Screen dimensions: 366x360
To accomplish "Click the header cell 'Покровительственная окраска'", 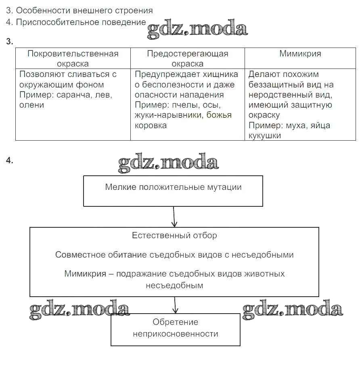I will coord(73,58).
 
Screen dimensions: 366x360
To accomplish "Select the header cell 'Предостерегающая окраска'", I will coord(187,58).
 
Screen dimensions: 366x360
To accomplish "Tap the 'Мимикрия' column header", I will coord(300,54).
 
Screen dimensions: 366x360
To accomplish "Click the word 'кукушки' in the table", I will coord(264,135).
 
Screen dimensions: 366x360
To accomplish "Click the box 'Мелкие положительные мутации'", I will coord(173,191).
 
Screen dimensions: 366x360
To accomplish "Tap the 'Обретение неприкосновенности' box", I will coord(176,328).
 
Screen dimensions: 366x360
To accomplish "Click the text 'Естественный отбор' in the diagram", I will coord(174,235).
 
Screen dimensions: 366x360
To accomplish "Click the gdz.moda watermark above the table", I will coord(197,29).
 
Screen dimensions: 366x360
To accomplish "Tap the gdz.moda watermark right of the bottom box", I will coord(293,310).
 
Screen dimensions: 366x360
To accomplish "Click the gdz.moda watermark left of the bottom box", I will coord(79,310).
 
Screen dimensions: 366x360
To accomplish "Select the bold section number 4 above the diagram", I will coord(10,160).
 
